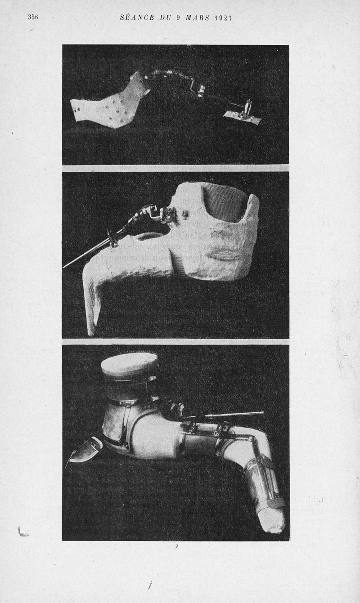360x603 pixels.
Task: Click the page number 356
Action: tap(33, 17)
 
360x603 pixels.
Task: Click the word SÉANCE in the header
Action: tap(137, 18)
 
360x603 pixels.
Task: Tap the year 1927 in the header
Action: tap(224, 18)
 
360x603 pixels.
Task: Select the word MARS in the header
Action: tap(198, 18)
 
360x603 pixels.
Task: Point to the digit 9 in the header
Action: tap(178, 18)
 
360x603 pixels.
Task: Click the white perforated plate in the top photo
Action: tap(108, 104)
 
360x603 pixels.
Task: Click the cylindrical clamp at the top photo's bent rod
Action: tap(201, 92)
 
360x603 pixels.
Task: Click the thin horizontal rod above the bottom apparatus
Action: tap(226, 415)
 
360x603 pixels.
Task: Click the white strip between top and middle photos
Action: tap(175, 168)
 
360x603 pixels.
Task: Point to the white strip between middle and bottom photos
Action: tap(175, 342)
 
